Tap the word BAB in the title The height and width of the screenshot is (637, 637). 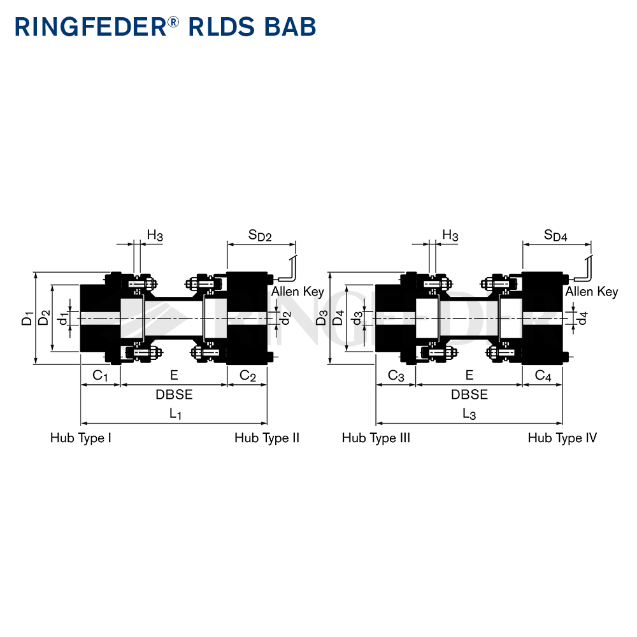coord(290,27)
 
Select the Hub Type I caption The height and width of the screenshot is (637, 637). coord(81,438)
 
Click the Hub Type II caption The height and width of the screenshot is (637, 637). coord(267,438)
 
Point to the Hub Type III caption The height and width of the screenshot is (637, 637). coord(376,438)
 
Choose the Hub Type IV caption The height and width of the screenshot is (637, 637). coord(562,438)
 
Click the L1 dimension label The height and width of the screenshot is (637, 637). coord(175,414)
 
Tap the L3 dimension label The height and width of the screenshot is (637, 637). coord(469,414)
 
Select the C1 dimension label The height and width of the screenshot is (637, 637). coord(100,376)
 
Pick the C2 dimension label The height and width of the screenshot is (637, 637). coord(248,376)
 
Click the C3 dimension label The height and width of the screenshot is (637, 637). coord(396,376)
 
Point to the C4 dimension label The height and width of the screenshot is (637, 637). coord(543,376)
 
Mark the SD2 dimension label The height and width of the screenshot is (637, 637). coord(260,235)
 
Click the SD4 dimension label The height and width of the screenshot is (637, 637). coord(555,235)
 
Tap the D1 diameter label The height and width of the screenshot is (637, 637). coord(27,318)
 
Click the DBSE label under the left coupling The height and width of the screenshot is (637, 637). coord(174,394)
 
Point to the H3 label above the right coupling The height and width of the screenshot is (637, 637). coord(450,235)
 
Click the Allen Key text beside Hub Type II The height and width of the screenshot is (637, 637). coord(297,292)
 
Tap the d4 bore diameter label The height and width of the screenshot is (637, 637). coord(583,318)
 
